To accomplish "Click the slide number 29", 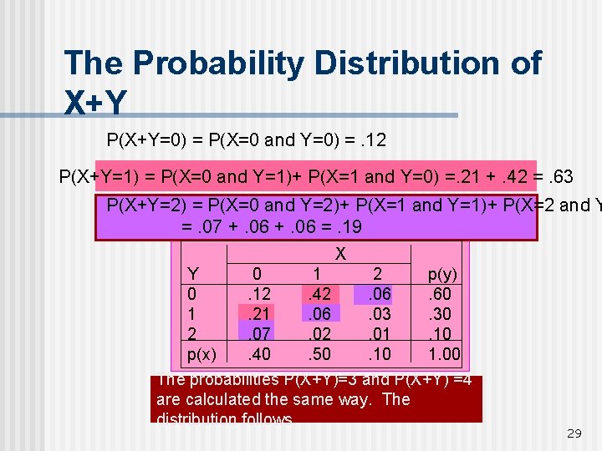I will coord(574,433).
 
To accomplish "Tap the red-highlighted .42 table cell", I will coord(319,294).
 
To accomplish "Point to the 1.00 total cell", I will coord(444,353).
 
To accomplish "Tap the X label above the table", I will coord(340,253).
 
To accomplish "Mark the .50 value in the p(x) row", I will coord(319,353).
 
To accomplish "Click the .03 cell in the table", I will coord(381,313).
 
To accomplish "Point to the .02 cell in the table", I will coord(319,333).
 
